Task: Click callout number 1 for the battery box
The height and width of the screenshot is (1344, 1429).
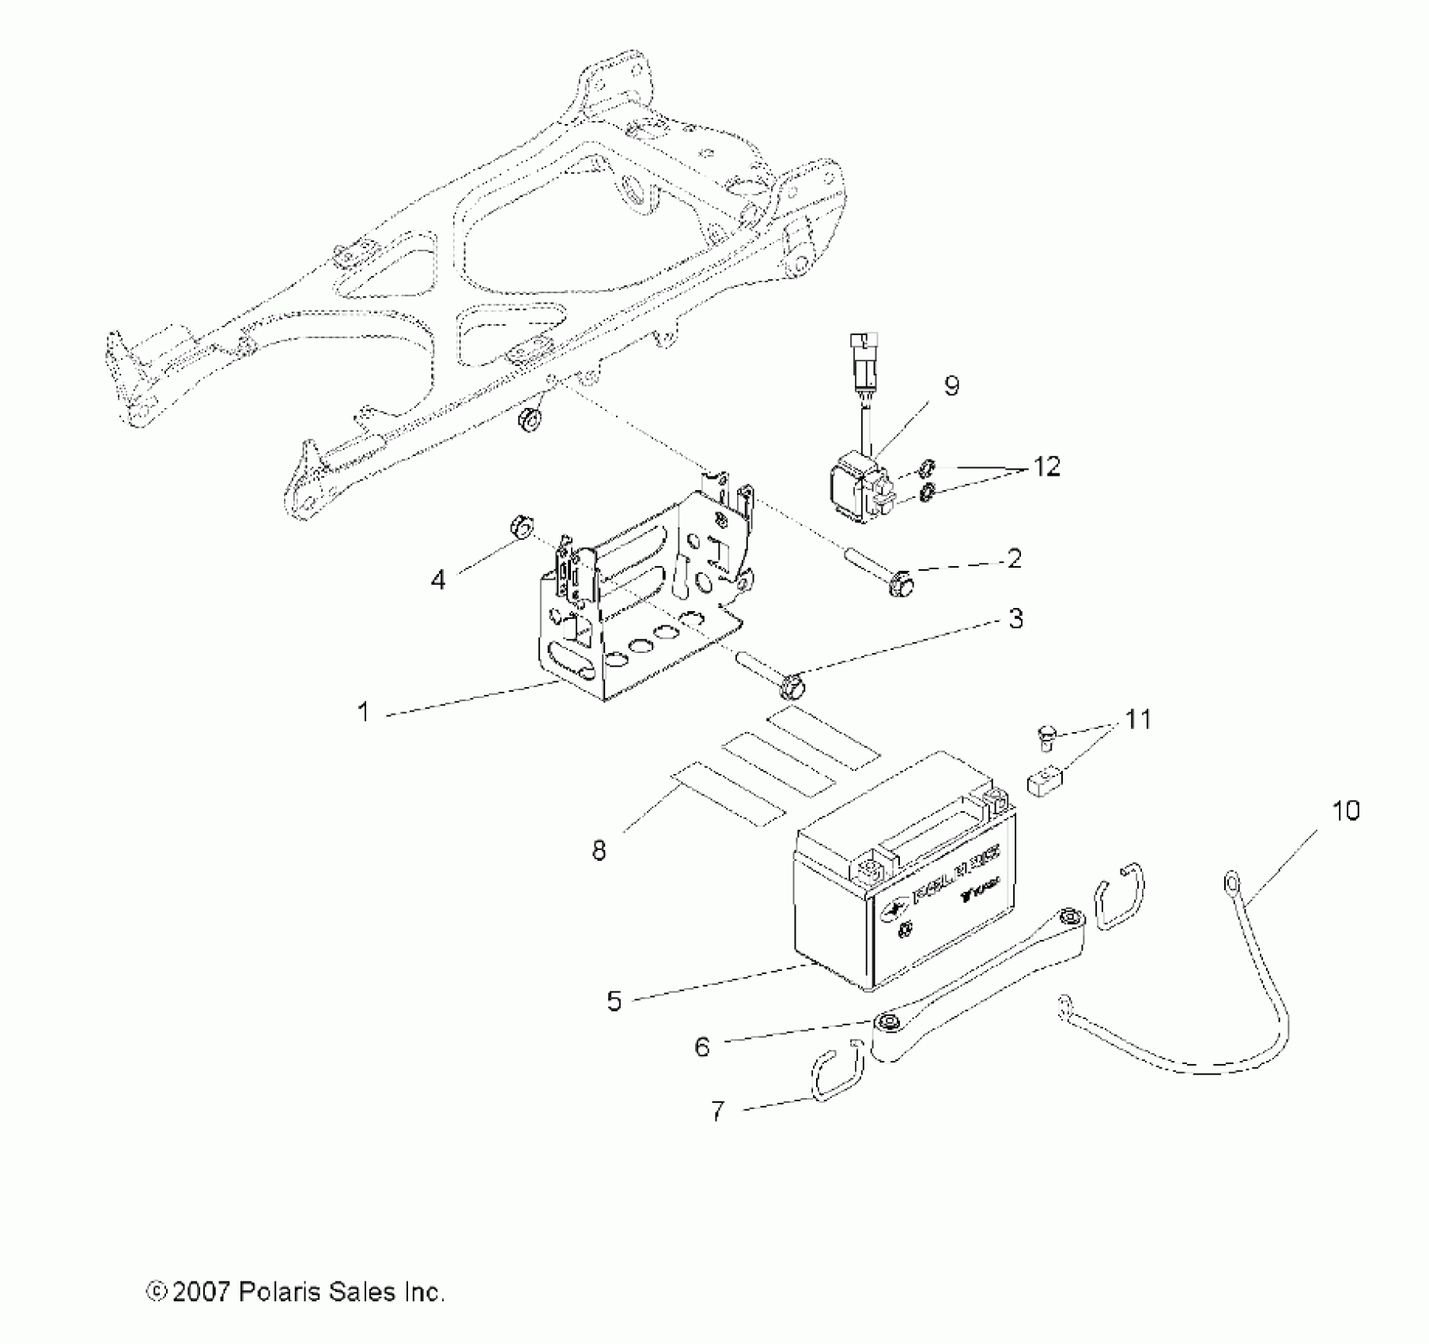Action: pos(364,712)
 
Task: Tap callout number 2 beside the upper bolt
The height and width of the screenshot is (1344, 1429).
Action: pos(1015,559)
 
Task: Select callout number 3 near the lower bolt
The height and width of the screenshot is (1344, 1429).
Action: pos(1015,618)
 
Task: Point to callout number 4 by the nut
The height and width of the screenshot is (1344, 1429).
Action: pos(437,580)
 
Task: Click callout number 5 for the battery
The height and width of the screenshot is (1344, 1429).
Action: pos(614,1001)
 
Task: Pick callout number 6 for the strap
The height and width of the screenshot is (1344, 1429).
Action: pos(702,1047)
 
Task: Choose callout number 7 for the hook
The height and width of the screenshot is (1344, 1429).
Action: pos(717,1111)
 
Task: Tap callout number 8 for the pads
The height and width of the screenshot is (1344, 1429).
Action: pos(599,851)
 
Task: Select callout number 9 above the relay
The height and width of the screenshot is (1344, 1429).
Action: pos(951,386)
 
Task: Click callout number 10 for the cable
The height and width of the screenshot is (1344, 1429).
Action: pos(1345,810)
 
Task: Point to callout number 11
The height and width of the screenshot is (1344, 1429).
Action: pos(1138,719)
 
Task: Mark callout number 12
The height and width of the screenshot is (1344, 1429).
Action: pos(1045,466)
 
